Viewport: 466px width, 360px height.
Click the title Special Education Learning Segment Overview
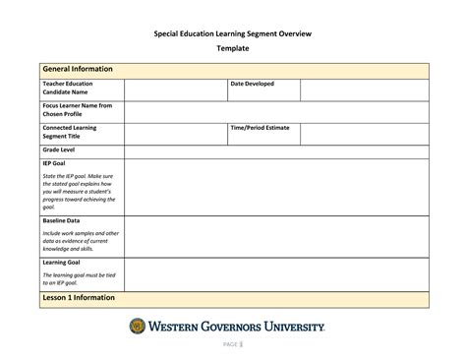pyautogui.click(x=232, y=33)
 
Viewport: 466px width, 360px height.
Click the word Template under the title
pyautogui.click(x=233, y=48)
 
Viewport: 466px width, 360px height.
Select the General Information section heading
pyautogui.click(x=78, y=69)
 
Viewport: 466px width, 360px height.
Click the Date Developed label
pyautogui.click(x=252, y=85)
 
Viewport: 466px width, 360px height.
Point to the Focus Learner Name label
pyautogui.click(x=77, y=109)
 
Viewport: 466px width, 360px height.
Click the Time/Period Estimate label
pyautogui.click(x=261, y=128)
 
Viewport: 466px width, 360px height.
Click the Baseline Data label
pyautogui.click(x=61, y=221)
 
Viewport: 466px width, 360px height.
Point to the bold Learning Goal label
pyautogui.click(x=61, y=263)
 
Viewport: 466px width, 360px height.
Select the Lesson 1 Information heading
pyautogui.click(x=78, y=297)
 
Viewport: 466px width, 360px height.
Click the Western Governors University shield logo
pyautogui.click(x=138, y=326)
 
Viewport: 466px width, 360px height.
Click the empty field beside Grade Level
pyautogui.click(x=276, y=150)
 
